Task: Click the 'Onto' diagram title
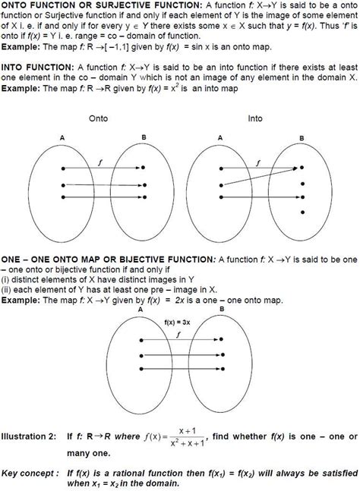pyautogui.click(x=99, y=119)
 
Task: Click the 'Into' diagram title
pyautogui.click(x=255, y=119)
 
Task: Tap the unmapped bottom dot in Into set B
pyautogui.click(x=302, y=212)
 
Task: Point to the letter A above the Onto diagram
pyautogui.click(x=62, y=137)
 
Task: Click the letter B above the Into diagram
pyautogui.click(x=301, y=137)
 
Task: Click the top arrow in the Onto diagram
pyautogui.click(x=102, y=167)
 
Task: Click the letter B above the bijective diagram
pyautogui.click(x=221, y=310)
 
